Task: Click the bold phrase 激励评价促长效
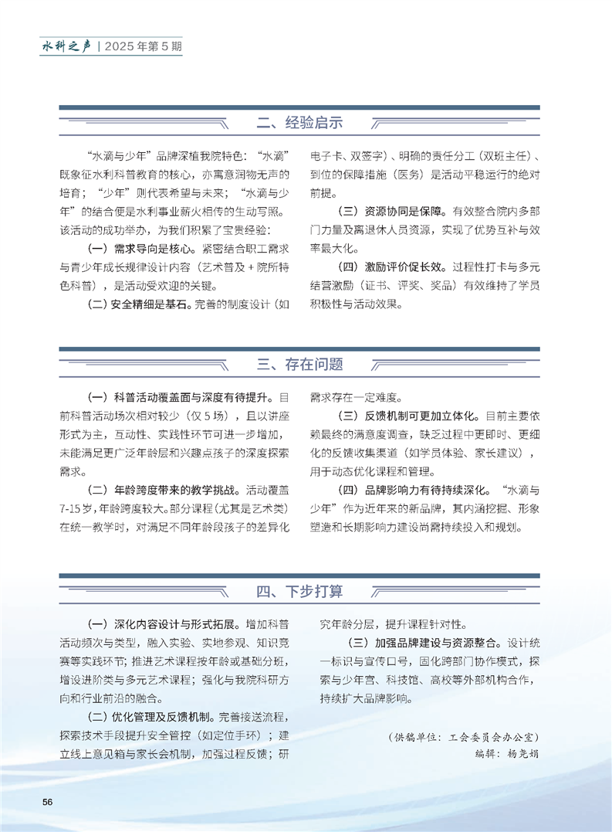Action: (x=410, y=267)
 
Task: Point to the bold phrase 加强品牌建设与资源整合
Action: (x=436, y=642)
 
